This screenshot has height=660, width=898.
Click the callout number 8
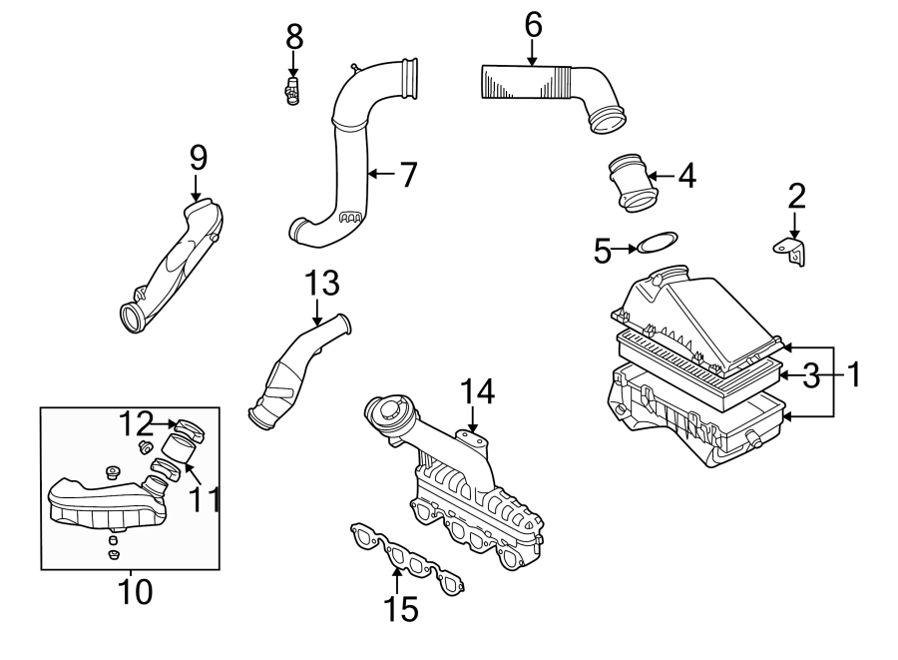[293, 39]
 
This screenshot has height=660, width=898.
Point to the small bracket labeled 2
[794, 249]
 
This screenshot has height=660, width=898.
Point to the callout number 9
[198, 157]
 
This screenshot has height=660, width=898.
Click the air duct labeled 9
[175, 265]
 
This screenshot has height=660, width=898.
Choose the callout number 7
[406, 175]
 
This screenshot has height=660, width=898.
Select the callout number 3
[811, 376]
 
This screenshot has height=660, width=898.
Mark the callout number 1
[853, 375]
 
